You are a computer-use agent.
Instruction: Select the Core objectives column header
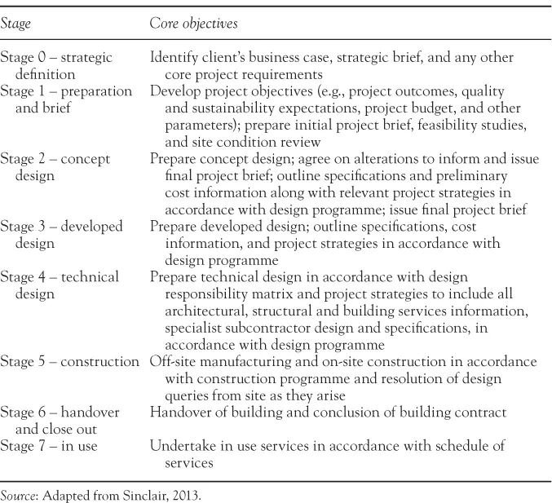pos(193,24)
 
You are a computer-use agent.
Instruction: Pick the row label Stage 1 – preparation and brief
pos(60,99)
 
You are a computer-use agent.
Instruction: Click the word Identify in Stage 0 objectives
pos(173,57)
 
